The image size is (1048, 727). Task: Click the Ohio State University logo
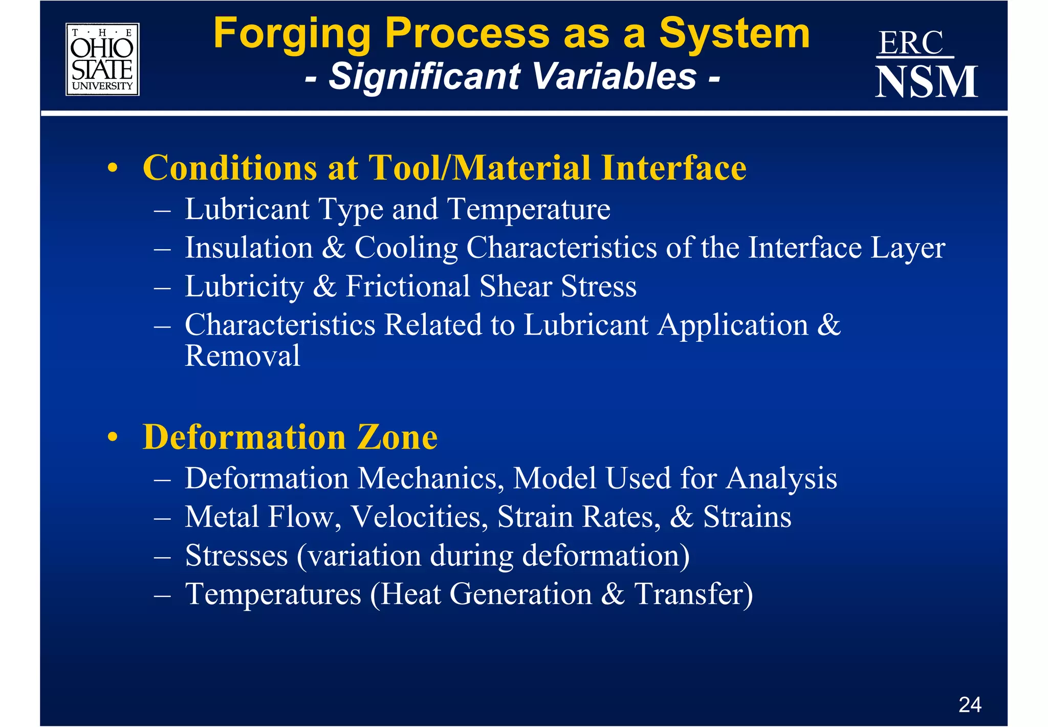pos(102,59)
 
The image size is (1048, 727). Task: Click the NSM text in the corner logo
pos(926,82)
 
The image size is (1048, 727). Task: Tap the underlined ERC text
pos(911,43)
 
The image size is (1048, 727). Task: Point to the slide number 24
pos(970,705)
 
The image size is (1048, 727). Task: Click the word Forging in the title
pos(292,34)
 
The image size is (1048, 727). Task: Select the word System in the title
pos(734,34)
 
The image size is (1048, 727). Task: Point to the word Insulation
pos(249,248)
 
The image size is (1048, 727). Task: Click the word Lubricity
pos(245,287)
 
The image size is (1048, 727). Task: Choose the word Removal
pos(242,356)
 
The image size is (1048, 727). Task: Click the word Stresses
pos(236,556)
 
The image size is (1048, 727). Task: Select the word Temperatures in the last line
pos(273,594)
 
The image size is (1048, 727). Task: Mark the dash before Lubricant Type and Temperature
pos(162,210)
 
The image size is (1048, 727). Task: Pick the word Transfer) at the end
pos(693,594)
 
